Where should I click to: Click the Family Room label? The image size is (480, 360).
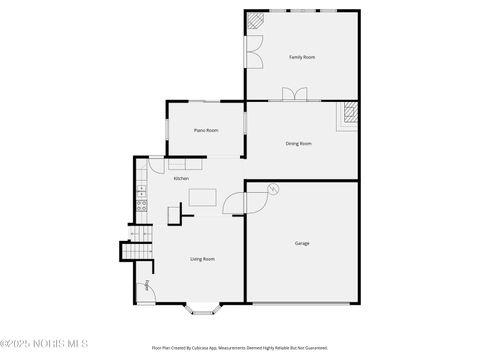tap(301, 57)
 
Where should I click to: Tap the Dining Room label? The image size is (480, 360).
tap(299, 143)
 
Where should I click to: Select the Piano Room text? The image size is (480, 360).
tap(206, 130)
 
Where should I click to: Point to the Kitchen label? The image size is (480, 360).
tap(181, 178)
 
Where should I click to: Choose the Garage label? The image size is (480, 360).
tap(301, 243)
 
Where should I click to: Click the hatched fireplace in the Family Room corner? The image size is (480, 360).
tap(256, 21)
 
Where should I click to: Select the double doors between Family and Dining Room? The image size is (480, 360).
tap(296, 94)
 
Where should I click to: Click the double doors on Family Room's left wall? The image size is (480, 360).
tap(254, 51)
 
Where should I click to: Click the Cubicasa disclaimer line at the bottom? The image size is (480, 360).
tap(240, 348)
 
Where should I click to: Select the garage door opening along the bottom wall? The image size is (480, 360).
tap(300, 302)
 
